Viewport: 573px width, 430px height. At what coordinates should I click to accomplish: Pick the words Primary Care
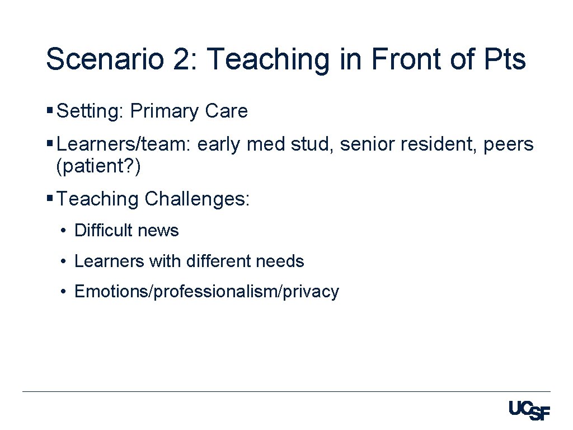[x=189, y=111]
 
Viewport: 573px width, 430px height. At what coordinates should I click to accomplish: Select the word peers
[x=508, y=144]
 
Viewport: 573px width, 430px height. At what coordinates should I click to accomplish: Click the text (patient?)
[x=98, y=166]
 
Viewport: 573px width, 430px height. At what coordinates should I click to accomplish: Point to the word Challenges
[x=198, y=199]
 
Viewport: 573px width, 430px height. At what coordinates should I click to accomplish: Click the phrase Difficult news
[x=126, y=231]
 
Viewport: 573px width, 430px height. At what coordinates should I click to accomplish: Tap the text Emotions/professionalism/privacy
[x=206, y=292]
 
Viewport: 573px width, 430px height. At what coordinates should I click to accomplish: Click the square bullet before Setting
[x=50, y=110]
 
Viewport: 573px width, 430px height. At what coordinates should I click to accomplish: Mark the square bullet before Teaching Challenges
[x=50, y=198]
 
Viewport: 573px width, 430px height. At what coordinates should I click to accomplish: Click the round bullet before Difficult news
[x=65, y=231]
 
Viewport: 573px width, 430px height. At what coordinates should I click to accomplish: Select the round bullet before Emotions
[x=65, y=292]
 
